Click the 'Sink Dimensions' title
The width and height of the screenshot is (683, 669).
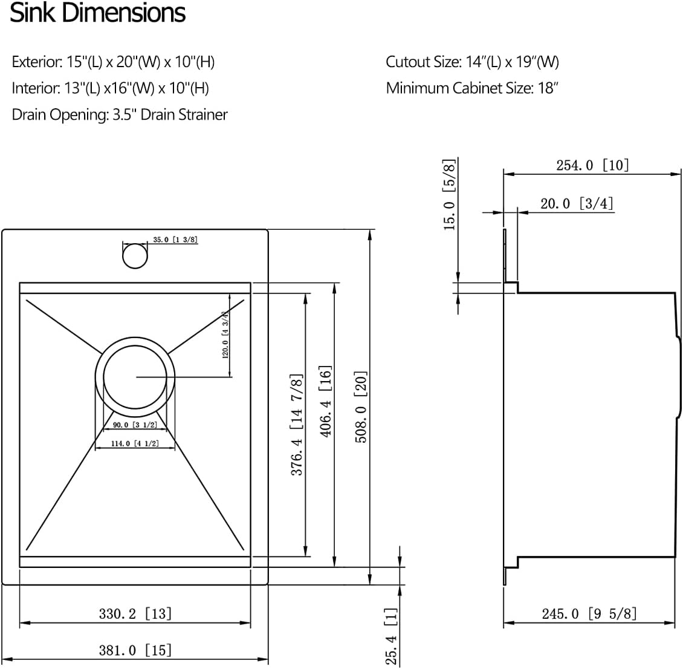98,13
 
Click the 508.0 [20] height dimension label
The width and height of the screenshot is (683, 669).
361,406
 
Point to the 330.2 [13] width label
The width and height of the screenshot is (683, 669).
135,614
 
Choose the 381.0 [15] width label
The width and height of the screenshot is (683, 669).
135,650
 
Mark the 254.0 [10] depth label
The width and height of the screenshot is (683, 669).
592,165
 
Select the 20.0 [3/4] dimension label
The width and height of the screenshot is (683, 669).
577,204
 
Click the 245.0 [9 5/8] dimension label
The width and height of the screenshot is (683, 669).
589,614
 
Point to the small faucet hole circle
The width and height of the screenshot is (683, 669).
135,255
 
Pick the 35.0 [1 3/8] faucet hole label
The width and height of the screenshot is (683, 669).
175,240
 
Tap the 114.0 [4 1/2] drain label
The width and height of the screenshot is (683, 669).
135,443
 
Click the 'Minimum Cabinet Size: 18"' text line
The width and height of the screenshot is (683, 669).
471,88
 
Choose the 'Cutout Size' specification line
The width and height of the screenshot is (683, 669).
472,62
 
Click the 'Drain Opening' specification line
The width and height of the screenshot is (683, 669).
120,114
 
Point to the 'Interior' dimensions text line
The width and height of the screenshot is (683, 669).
110,88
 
